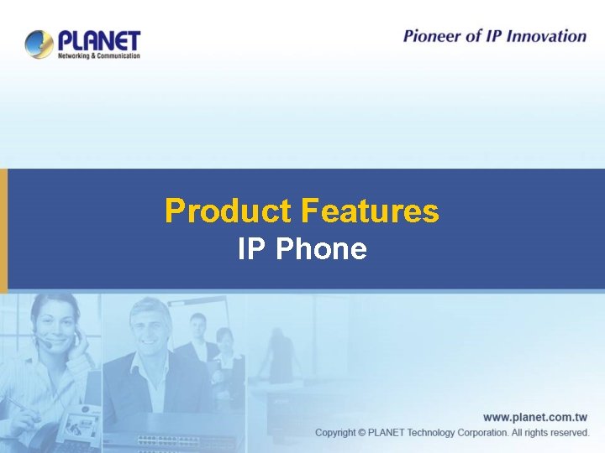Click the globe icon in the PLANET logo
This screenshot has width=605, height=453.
click(x=39, y=44)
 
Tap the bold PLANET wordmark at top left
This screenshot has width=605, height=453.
click(x=99, y=40)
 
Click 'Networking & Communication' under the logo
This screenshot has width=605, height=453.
click(x=99, y=55)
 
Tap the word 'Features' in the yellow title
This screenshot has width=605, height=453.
click(x=369, y=211)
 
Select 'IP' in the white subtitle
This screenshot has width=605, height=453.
click(x=250, y=249)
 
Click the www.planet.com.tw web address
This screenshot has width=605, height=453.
click(x=535, y=417)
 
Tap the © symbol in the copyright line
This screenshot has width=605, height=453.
click(x=361, y=433)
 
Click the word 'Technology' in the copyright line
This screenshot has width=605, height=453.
click(x=444, y=433)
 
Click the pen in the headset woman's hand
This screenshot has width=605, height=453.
click(x=17, y=404)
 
